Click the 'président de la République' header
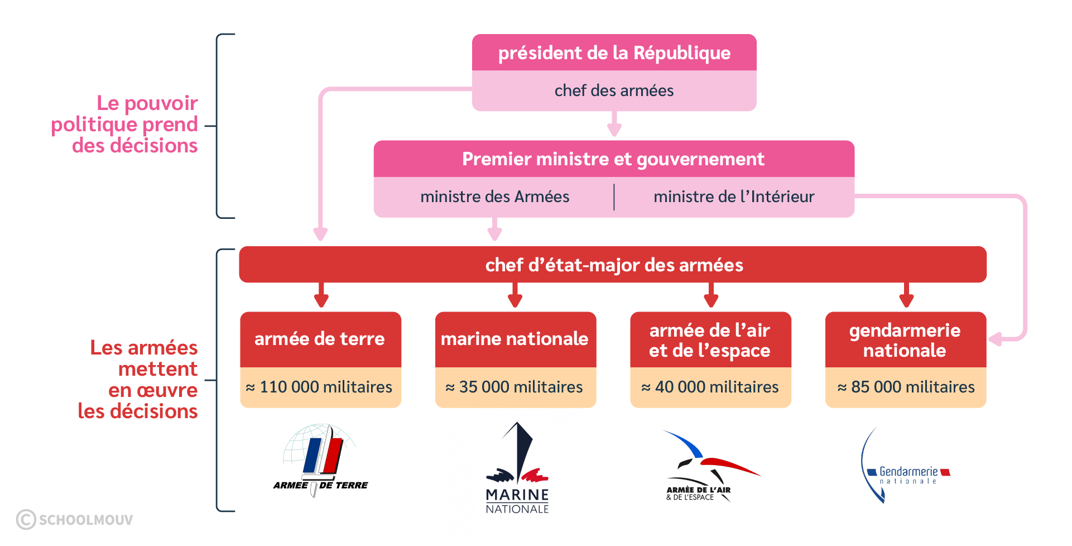pos(614,53)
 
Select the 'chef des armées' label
pos(614,90)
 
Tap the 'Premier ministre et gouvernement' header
pos(613,159)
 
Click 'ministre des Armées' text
pos(494,197)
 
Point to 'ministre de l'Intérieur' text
pos(734,197)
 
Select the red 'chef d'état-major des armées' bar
pos(613,265)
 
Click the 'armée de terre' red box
pos(320,339)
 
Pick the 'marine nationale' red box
pos(515,339)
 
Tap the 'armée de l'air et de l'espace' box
pos(710,340)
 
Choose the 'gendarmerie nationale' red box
pos(905,340)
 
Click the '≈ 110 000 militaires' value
pos(320,387)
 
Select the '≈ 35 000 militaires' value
pos(515,387)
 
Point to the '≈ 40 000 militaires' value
pos(710,387)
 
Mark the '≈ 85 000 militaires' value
pos(906,387)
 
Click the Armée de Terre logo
pos(320,459)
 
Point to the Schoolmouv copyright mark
pos(75,520)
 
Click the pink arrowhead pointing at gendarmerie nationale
pos(996,338)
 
